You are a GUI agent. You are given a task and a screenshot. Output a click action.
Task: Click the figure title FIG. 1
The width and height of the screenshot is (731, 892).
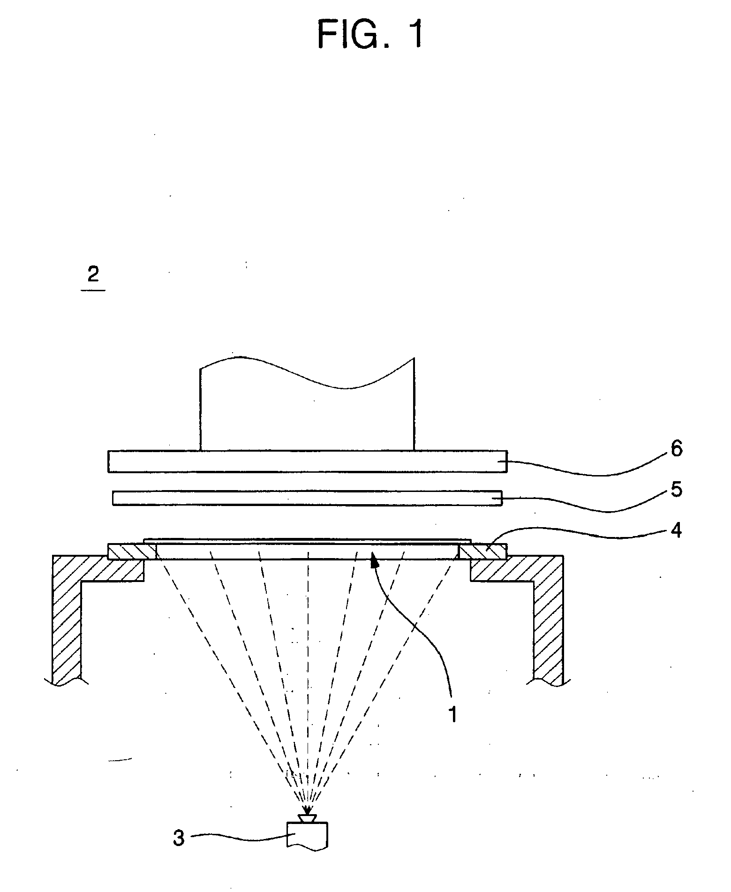370,35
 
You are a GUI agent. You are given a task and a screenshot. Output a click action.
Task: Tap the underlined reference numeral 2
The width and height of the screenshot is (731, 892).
93,274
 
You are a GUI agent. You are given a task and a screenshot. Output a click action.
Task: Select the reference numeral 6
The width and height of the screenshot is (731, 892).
676,449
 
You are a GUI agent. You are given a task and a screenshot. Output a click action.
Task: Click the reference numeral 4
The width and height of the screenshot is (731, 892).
676,530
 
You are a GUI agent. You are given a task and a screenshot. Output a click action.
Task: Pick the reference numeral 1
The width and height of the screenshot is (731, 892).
452,714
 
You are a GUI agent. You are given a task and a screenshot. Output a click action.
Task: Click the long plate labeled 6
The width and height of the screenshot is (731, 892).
307,461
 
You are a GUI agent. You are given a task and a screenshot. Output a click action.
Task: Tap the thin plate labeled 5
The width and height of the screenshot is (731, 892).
307,498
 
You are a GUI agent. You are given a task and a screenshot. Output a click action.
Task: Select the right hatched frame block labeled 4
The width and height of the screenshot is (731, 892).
482,552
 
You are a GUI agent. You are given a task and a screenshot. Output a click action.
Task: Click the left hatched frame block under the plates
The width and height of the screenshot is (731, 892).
132,552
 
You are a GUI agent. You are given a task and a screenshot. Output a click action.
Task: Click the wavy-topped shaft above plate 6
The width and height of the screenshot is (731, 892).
307,413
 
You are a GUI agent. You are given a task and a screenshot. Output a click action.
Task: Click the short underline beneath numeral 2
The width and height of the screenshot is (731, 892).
93,290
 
